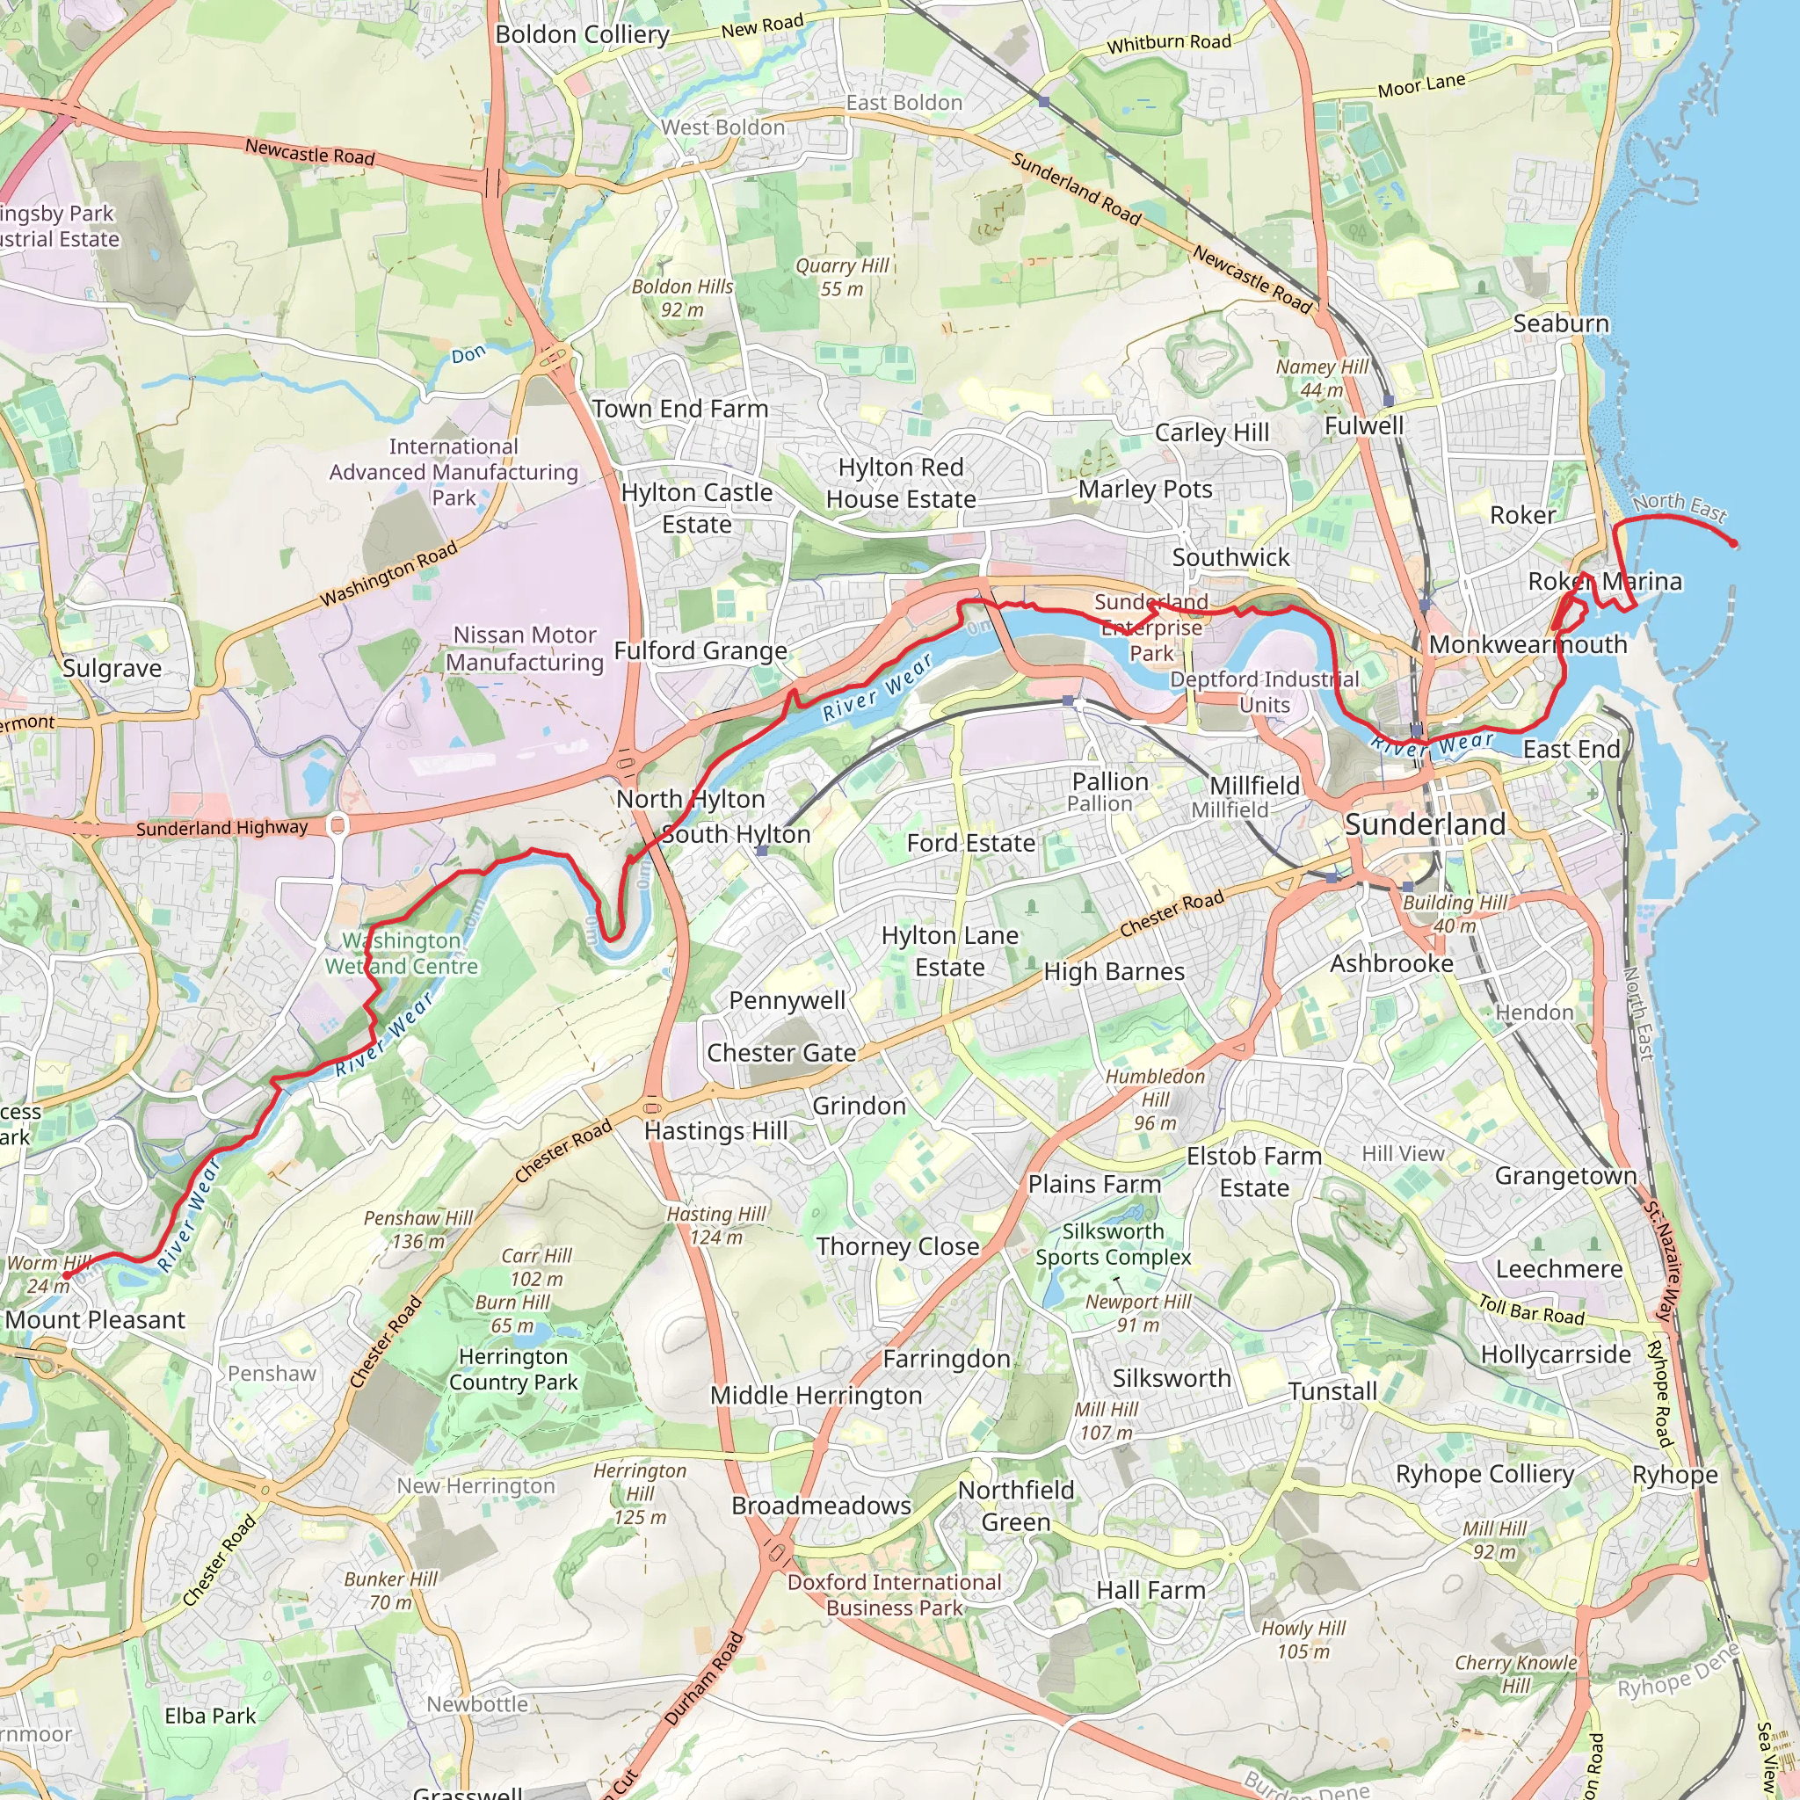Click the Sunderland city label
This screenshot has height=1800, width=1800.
(x=1425, y=824)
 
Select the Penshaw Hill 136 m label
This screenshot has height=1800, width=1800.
(x=418, y=1229)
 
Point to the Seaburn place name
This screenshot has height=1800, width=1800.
(x=1561, y=323)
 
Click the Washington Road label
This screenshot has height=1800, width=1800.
(x=388, y=574)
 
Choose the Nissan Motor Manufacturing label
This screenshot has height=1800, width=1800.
(x=525, y=649)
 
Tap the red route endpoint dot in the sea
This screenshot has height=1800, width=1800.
(x=1734, y=544)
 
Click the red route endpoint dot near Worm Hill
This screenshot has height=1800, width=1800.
(x=66, y=1274)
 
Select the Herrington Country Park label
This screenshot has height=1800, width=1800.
(x=513, y=1368)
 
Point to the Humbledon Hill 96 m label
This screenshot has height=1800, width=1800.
(x=1155, y=1100)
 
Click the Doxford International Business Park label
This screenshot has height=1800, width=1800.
(x=895, y=1594)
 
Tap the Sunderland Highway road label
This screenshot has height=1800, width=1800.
(x=221, y=827)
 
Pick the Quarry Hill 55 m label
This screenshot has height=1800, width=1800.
(x=842, y=278)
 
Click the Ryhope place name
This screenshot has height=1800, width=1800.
(x=1674, y=1475)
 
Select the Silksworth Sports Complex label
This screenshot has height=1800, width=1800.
(x=1114, y=1244)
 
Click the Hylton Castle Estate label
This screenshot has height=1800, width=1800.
(x=697, y=508)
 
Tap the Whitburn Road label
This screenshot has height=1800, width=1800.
(x=1168, y=43)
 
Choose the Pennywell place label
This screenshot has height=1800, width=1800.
(x=787, y=999)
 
